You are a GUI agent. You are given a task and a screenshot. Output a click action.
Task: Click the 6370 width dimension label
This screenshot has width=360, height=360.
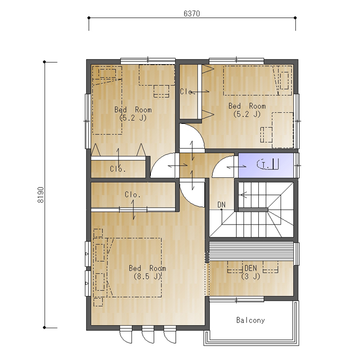point(192,14)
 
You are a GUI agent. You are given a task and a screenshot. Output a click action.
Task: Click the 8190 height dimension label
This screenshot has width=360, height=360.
point(40,195)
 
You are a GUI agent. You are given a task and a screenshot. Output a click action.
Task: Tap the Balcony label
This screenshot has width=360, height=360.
point(250,320)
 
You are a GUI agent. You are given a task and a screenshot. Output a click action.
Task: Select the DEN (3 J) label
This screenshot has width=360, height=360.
point(250,272)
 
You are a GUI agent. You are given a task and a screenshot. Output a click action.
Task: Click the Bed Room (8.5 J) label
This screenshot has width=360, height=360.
point(147,272)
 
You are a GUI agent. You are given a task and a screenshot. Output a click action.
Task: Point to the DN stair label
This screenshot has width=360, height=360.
point(221,204)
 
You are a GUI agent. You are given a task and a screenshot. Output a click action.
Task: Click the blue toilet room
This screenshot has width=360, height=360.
point(266,165)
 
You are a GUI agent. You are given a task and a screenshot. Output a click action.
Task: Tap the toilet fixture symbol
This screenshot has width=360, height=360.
point(268,164)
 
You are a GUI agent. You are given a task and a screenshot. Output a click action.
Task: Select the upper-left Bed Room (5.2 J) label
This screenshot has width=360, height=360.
point(133,114)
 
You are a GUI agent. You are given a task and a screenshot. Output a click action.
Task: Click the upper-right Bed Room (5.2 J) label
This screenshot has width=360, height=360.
point(247,110)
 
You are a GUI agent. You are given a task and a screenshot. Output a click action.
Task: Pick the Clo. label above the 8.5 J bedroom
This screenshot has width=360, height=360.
point(132,195)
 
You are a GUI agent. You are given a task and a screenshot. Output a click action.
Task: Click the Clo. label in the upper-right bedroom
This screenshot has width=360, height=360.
point(186,92)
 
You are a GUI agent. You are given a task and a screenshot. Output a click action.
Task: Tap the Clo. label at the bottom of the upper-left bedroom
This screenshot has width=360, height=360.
point(118,169)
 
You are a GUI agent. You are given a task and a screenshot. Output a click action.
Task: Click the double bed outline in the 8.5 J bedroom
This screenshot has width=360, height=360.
point(128,268)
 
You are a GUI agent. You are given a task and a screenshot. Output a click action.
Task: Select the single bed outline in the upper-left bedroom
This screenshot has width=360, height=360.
point(107,101)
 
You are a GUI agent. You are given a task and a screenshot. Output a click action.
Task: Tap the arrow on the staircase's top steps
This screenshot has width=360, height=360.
point(244,195)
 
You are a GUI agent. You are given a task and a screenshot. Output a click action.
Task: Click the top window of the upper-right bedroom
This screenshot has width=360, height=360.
point(236,60)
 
